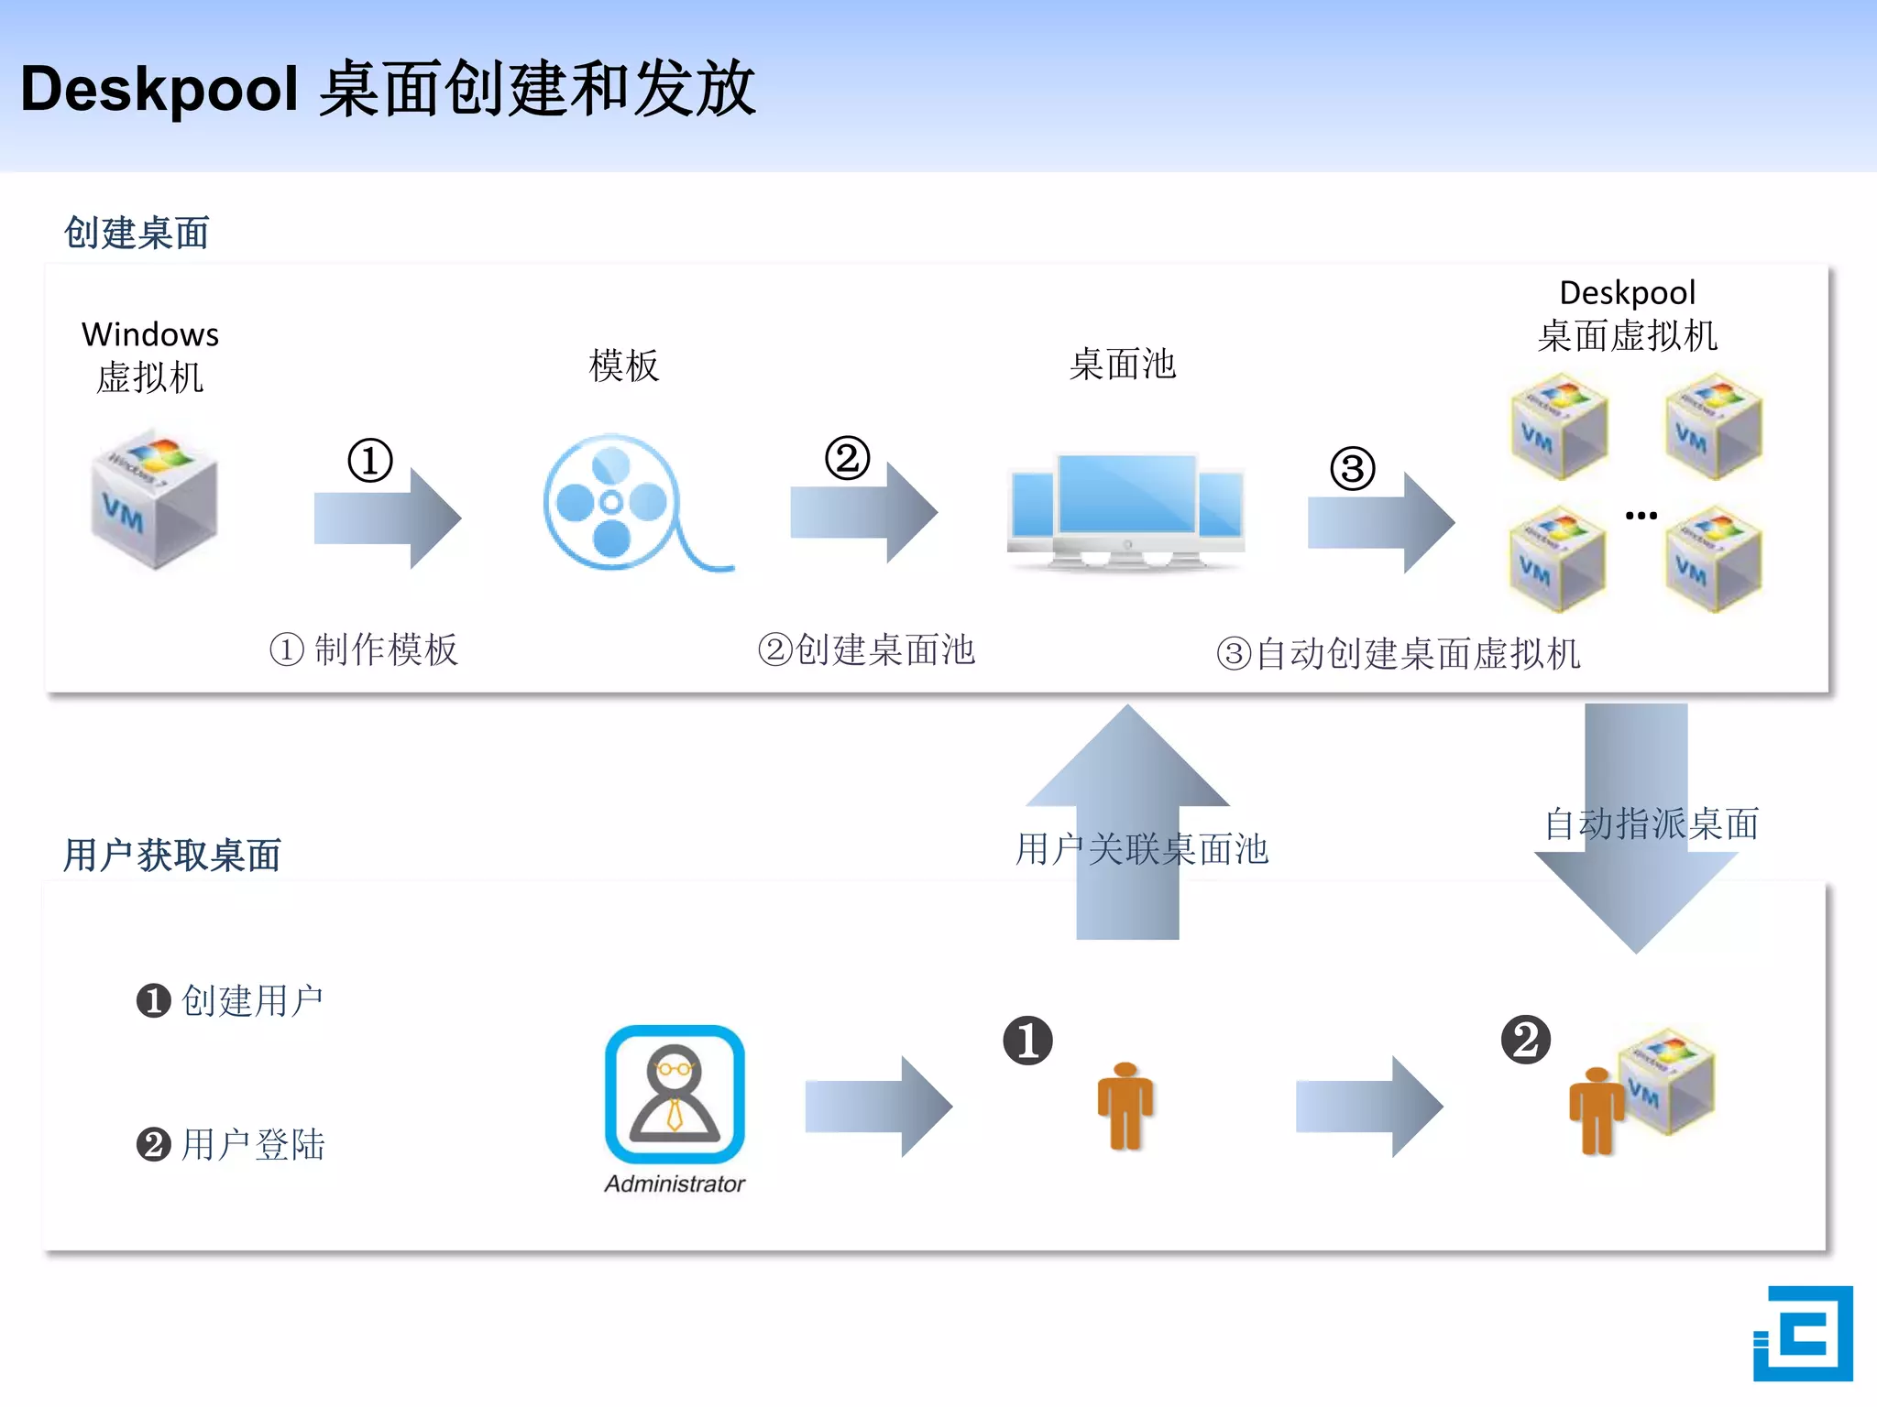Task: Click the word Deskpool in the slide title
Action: pos(159,90)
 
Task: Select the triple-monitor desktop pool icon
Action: pos(1125,508)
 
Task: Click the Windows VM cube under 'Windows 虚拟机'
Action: pos(154,499)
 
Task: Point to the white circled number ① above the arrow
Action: pos(370,460)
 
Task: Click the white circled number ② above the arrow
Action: pos(847,458)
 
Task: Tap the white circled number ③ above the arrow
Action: pos(1353,469)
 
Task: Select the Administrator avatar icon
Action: pos(675,1094)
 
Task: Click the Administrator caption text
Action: pos(675,1183)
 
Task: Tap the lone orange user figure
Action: pos(1125,1107)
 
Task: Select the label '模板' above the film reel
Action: pos(623,365)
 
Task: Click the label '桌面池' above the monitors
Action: pos(1123,364)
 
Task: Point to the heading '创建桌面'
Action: pos(137,233)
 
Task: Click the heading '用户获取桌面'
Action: pos(171,855)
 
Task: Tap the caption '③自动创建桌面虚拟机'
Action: pos(1399,653)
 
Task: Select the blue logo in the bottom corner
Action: pos(1802,1333)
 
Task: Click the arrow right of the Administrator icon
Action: pos(878,1107)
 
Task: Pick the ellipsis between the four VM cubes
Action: pos(1641,516)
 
